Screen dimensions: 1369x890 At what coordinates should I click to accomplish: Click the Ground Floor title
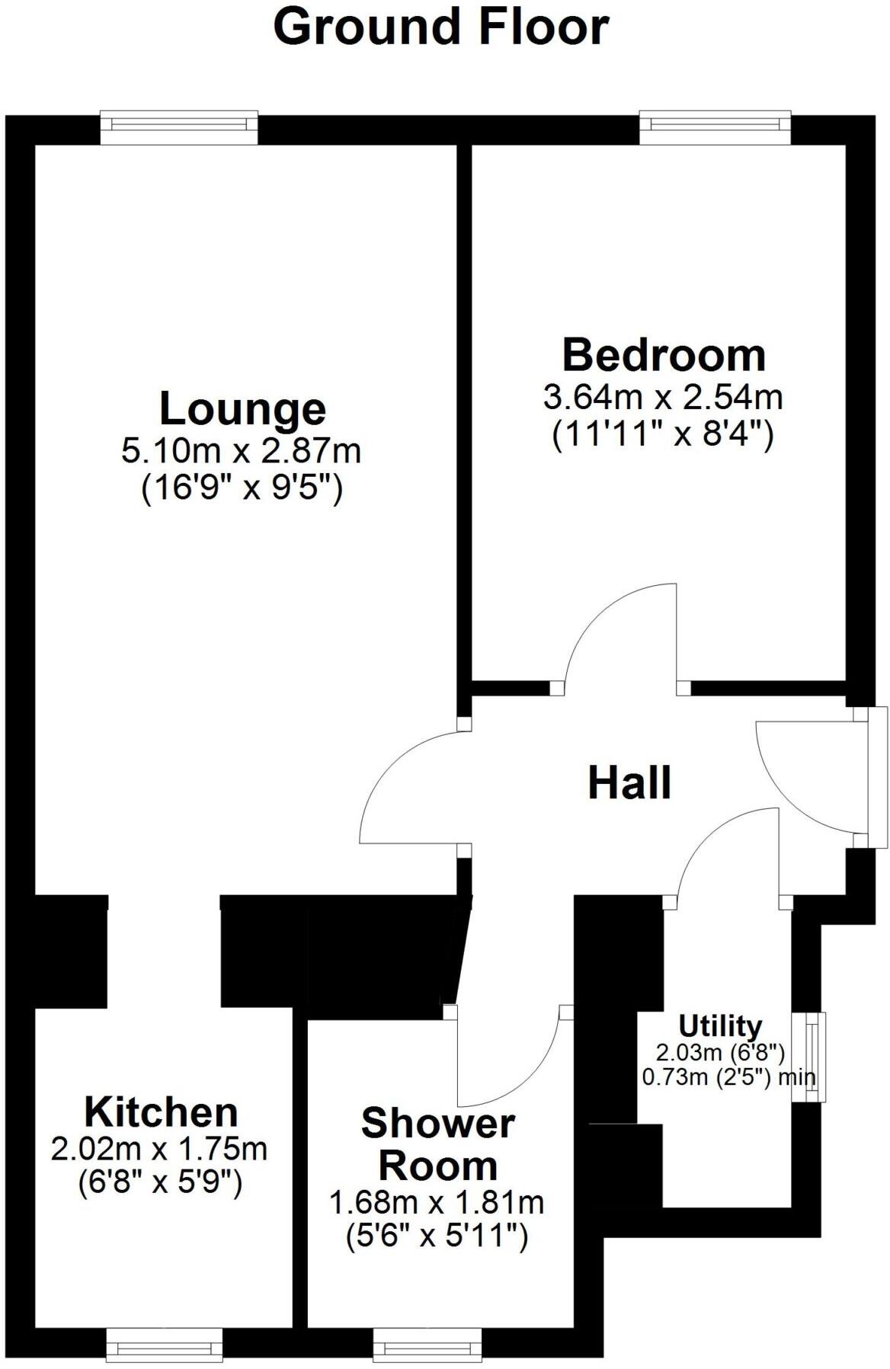point(440,27)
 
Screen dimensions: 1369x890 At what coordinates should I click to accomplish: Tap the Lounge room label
point(242,409)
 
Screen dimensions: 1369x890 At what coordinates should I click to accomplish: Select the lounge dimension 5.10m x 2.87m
point(241,451)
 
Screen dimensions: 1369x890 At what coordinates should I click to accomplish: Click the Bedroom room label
point(664,356)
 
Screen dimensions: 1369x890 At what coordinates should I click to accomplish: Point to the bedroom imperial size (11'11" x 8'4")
point(662,436)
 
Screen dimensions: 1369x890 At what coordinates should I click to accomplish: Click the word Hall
point(629,783)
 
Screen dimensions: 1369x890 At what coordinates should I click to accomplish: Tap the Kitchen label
point(161,1112)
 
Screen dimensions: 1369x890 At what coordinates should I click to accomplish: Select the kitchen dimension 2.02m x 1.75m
point(159,1148)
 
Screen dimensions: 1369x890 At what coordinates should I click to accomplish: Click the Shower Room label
point(437,1144)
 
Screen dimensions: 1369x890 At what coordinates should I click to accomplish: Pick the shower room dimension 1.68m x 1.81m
point(437,1203)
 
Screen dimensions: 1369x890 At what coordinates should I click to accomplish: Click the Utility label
point(720,1026)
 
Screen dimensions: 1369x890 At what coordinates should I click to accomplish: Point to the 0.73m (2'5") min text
point(728,1077)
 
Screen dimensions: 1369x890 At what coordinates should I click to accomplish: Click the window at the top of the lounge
point(179,128)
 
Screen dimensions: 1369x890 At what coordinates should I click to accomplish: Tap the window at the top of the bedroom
point(715,128)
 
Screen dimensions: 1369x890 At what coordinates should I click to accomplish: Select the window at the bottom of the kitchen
point(164,1345)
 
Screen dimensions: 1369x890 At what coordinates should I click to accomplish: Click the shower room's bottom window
point(427,1345)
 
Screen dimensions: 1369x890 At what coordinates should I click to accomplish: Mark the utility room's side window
point(809,1057)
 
